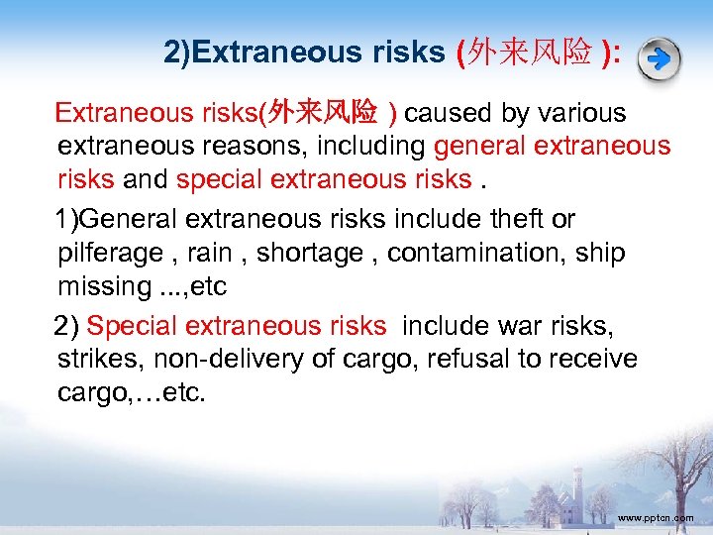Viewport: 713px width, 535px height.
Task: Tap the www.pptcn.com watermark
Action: tap(655, 518)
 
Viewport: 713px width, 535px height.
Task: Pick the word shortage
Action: tap(310, 253)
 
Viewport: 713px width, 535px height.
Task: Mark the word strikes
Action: tap(98, 359)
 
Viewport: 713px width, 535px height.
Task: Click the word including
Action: tap(372, 147)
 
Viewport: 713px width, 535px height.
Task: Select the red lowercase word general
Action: tap(479, 147)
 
